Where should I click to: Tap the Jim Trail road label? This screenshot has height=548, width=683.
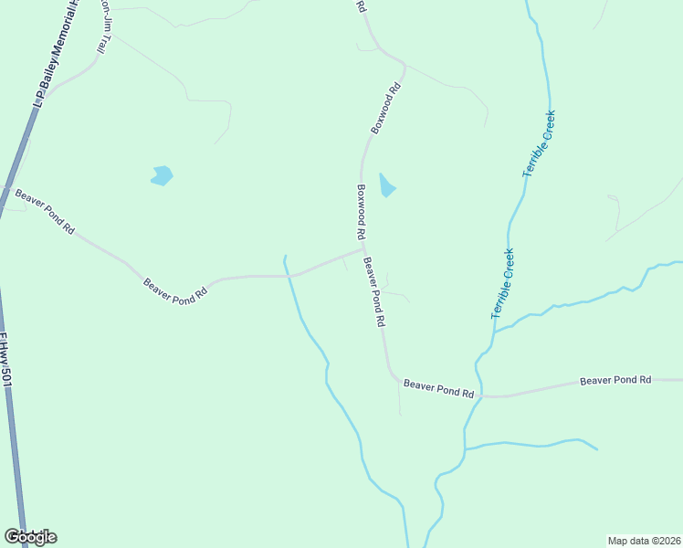click(x=107, y=26)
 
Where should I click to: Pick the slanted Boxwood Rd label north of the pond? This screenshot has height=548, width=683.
click(x=386, y=110)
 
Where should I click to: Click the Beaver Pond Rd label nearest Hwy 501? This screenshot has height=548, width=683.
click(x=44, y=212)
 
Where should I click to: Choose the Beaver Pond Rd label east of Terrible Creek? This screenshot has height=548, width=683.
click(x=615, y=379)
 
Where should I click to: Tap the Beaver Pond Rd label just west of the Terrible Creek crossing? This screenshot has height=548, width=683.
click(x=439, y=389)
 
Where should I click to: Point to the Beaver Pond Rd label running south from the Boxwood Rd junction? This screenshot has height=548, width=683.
click(x=374, y=293)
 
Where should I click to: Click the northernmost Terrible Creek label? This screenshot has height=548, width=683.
click(x=539, y=143)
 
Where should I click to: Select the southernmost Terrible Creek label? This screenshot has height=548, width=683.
click(x=503, y=283)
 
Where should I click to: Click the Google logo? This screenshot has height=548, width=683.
click(x=30, y=536)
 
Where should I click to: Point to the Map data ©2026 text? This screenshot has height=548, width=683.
click(x=644, y=540)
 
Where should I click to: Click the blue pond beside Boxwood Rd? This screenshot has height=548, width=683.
click(x=387, y=185)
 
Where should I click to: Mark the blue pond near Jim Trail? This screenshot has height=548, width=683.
click(x=162, y=175)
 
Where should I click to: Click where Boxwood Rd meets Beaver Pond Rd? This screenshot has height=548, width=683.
click(x=363, y=247)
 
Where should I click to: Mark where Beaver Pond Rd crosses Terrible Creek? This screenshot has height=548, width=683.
click(x=478, y=396)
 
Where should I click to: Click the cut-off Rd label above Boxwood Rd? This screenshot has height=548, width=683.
click(x=361, y=6)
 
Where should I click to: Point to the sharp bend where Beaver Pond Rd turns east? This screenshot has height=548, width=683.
click(x=393, y=376)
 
